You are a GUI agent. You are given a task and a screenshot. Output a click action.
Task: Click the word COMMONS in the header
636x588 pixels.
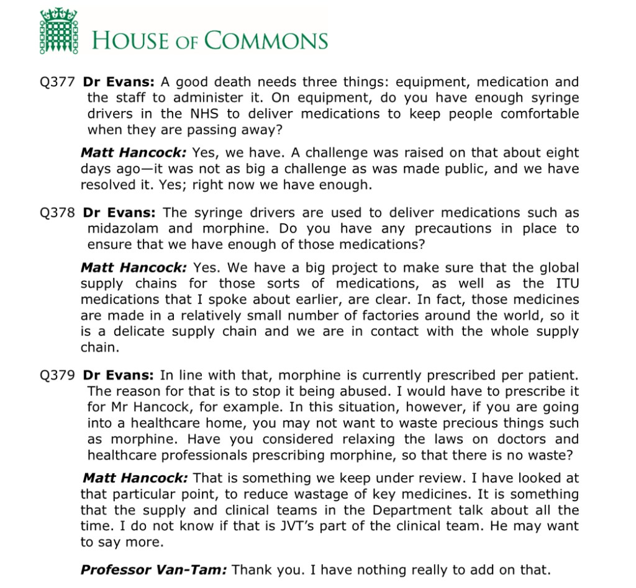coord(266,41)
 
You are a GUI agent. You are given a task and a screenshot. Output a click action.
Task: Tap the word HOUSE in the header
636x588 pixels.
coord(129,41)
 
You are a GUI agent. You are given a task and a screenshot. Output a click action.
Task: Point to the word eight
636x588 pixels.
coord(559,153)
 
